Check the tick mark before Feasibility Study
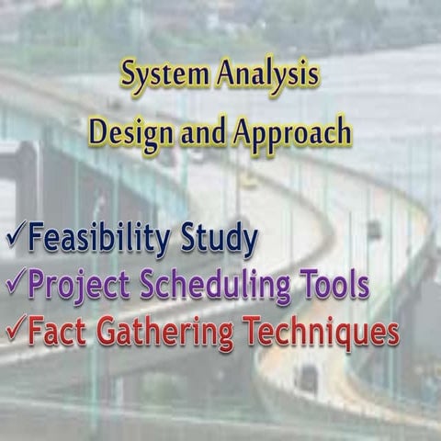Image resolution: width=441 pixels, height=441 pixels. pos(14,238)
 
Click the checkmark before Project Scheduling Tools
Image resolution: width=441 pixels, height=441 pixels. pos(14,284)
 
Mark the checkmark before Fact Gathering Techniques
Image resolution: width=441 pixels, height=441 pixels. pos(14,329)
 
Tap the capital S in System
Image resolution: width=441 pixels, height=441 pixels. pos(130,76)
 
